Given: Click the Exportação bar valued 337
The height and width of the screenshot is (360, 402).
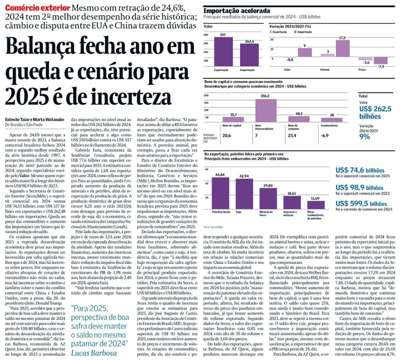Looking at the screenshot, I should (x=223, y=51).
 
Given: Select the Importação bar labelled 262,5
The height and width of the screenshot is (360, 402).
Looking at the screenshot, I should (x=249, y=55).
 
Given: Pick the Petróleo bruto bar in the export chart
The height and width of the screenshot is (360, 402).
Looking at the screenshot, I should (x=220, y=193).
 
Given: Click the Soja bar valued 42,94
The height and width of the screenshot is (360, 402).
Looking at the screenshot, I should (x=244, y=193).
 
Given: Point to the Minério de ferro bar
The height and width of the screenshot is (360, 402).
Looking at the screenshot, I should (x=268, y=198).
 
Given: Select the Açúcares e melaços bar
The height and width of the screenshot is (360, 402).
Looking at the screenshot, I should (x=292, y=202).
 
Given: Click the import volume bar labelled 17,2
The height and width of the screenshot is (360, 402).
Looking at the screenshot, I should (x=342, y=48).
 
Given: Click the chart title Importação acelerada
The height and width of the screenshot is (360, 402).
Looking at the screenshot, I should (x=236, y=11).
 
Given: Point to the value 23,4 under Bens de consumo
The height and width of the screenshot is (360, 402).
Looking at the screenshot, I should (x=292, y=136).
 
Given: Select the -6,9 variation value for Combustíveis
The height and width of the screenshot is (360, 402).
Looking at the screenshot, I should (x=325, y=136).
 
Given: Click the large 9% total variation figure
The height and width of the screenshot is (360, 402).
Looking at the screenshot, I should (x=364, y=137).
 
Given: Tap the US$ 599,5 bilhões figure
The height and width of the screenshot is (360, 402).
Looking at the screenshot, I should (x=361, y=204).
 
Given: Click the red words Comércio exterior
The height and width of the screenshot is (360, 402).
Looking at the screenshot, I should (x=38, y=8).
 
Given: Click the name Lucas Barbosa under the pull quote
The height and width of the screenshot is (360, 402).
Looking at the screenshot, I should (x=94, y=353).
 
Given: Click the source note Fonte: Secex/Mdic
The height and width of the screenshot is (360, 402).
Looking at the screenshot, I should (x=213, y=227).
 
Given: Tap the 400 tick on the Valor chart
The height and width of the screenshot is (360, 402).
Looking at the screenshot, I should (x=206, y=35).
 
